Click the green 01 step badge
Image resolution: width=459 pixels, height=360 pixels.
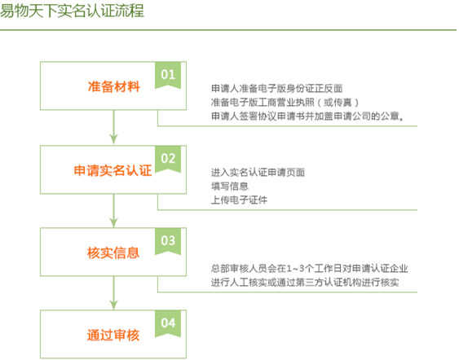click(168, 74)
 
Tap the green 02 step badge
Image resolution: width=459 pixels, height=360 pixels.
click(168, 158)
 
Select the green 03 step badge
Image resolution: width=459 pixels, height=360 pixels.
click(168, 240)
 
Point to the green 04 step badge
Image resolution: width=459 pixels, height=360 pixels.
click(168, 323)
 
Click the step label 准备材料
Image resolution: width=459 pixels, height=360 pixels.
click(113, 86)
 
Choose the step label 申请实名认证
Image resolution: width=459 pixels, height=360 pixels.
click(113, 170)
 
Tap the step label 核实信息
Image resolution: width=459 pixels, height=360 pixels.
click(113, 252)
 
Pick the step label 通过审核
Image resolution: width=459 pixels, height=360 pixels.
click(113, 336)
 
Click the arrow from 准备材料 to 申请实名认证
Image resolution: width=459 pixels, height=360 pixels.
click(113, 127)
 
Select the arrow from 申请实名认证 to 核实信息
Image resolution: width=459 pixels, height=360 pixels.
click(113, 210)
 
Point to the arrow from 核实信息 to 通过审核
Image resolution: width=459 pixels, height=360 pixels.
click(113, 293)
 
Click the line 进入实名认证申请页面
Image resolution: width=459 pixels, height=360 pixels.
click(258, 172)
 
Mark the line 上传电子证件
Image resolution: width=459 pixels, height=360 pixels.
click(239, 200)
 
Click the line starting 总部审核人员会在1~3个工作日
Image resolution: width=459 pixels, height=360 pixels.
click(309, 269)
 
